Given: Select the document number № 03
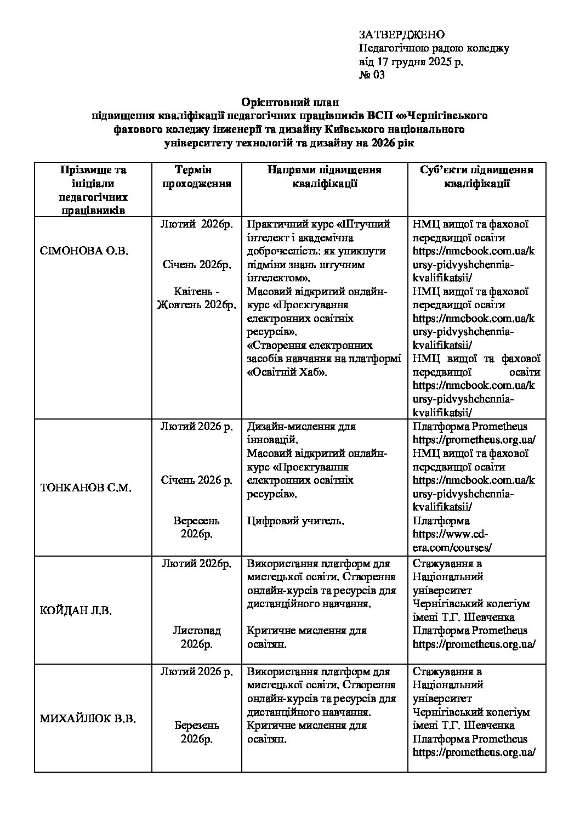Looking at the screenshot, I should point(372,75).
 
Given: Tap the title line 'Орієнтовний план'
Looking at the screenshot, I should point(291,102).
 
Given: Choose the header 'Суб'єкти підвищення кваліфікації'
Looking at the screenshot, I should point(476,177).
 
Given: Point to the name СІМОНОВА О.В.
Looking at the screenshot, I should point(84,251).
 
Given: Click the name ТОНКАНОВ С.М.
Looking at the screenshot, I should point(86,488).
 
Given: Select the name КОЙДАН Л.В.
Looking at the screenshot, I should point(76,611).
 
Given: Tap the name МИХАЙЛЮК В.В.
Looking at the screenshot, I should point(88,718).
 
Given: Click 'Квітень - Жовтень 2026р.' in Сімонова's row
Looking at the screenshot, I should point(196,298).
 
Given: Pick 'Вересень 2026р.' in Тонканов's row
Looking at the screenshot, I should point(196,527).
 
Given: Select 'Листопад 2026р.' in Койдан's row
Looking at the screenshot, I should point(196,637).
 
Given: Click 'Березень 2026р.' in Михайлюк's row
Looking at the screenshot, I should point(196,732).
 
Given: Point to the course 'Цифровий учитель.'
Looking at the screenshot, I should point(296,520).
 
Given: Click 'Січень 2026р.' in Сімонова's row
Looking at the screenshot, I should point(196,265).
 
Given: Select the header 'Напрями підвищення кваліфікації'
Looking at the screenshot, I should point(325,177).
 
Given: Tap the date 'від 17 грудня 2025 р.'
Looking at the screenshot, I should point(411,61).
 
